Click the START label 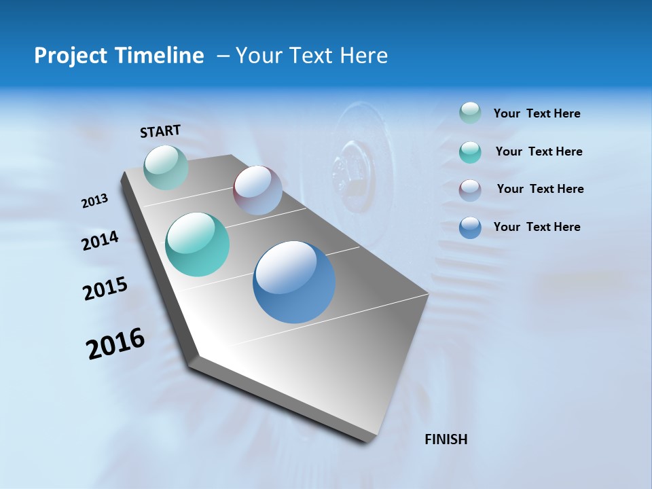(x=160, y=131)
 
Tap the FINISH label (x=446, y=439)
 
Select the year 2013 (x=95, y=201)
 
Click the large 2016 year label (x=115, y=344)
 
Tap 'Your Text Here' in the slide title (x=312, y=56)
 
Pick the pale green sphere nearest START (x=166, y=167)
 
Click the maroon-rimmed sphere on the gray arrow (x=257, y=189)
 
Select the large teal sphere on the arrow (x=198, y=244)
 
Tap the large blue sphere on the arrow (x=294, y=282)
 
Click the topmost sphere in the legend (x=470, y=113)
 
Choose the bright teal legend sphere (x=470, y=151)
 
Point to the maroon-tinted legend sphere (x=470, y=189)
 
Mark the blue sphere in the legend (x=470, y=228)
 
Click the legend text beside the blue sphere (x=537, y=227)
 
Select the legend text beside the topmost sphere (x=537, y=113)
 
